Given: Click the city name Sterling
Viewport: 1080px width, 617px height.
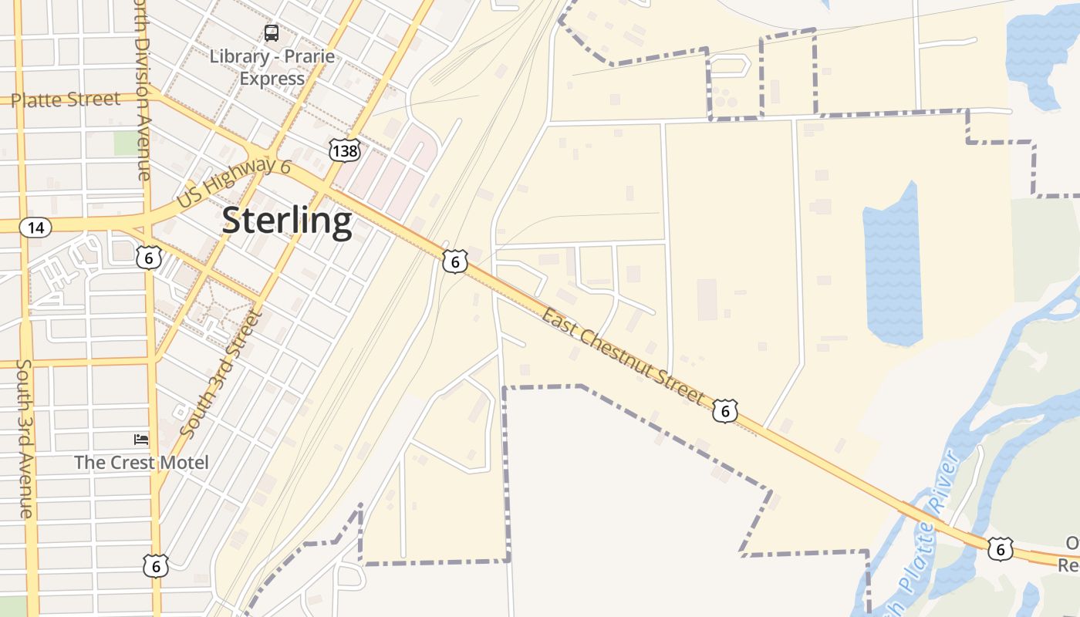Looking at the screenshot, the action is [x=287, y=221].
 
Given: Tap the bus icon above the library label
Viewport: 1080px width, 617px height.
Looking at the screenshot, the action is [x=272, y=33].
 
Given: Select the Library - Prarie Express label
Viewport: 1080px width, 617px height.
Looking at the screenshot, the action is [x=272, y=68].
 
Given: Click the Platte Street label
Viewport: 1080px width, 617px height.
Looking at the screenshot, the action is [x=66, y=99].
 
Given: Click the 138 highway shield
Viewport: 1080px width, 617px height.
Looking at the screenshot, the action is [x=343, y=150].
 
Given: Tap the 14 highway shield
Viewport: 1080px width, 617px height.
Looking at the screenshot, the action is [x=35, y=228].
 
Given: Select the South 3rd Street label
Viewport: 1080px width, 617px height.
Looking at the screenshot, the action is [x=221, y=373].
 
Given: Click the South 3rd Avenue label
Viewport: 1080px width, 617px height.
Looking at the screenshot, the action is [x=25, y=439].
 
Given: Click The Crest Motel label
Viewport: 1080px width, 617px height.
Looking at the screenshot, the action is [x=141, y=463].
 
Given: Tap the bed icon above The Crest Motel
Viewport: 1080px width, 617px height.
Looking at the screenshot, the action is [x=141, y=440].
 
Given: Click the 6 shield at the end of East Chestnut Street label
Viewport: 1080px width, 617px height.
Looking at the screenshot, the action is [x=724, y=411].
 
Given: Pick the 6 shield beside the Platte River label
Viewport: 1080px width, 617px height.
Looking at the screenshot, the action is [x=1000, y=548].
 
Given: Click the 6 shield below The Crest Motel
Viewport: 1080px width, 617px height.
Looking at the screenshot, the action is [x=156, y=566].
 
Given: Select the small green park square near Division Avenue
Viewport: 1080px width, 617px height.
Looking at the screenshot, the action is [x=124, y=143].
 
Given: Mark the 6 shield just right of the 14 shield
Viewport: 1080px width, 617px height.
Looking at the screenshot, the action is [x=149, y=257].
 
